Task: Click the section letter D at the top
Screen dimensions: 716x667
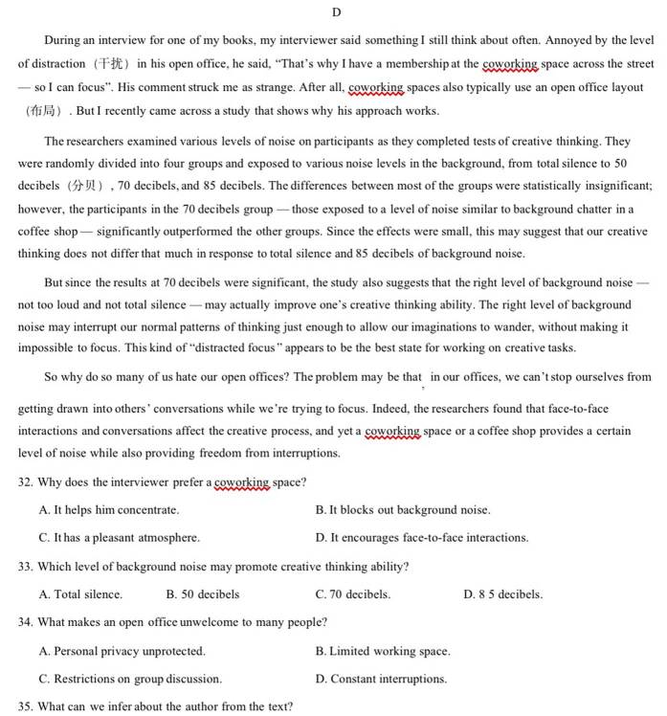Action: tap(336, 11)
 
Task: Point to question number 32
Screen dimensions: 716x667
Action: tap(26, 482)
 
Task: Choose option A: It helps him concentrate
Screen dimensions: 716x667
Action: tap(109, 510)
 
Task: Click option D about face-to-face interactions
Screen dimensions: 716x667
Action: tap(422, 538)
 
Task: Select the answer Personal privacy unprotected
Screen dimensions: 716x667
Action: tap(122, 651)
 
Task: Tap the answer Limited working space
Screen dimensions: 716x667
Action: tap(383, 651)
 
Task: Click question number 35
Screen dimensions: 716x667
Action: tap(26, 707)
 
